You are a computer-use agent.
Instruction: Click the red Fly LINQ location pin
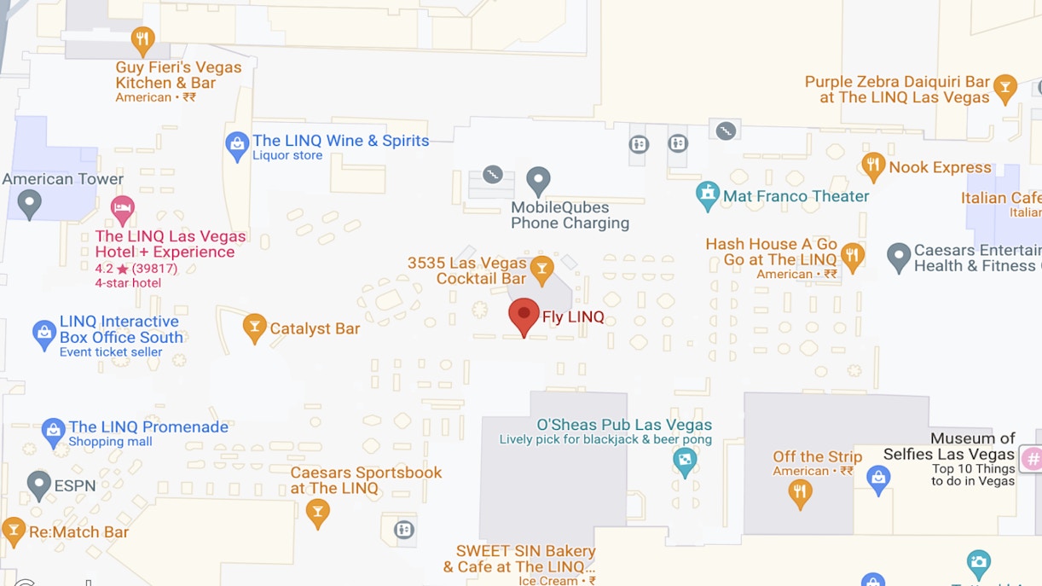click(524, 315)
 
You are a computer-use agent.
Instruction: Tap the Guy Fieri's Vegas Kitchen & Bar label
click(178, 75)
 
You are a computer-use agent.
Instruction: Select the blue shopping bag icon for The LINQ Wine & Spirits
click(237, 146)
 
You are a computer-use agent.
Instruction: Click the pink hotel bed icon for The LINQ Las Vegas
click(123, 207)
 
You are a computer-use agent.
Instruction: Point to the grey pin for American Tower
click(30, 203)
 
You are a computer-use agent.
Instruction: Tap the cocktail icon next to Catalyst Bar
click(254, 328)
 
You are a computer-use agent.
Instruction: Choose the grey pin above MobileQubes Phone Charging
click(538, 180)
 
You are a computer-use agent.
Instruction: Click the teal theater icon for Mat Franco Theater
click(708, 195)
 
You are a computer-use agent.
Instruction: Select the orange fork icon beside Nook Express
click(872, 166)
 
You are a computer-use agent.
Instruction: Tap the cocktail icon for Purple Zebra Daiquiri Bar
click(1005, 88)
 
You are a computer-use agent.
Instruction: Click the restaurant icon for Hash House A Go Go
click(852, 255)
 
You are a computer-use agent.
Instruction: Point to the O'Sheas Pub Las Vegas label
click(624, 425)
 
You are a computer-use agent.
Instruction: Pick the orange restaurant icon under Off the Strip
click(800, 492)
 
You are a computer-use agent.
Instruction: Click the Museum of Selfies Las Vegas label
click(949, 446)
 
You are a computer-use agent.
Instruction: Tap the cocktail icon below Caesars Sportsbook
click(318, 512)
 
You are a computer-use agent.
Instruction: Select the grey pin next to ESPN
click(39, 484)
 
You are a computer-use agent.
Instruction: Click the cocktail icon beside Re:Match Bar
click(14, 531)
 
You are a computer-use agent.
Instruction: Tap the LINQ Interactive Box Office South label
click(121, 329)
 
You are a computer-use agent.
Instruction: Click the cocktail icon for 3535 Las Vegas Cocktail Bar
click(541, 270)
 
